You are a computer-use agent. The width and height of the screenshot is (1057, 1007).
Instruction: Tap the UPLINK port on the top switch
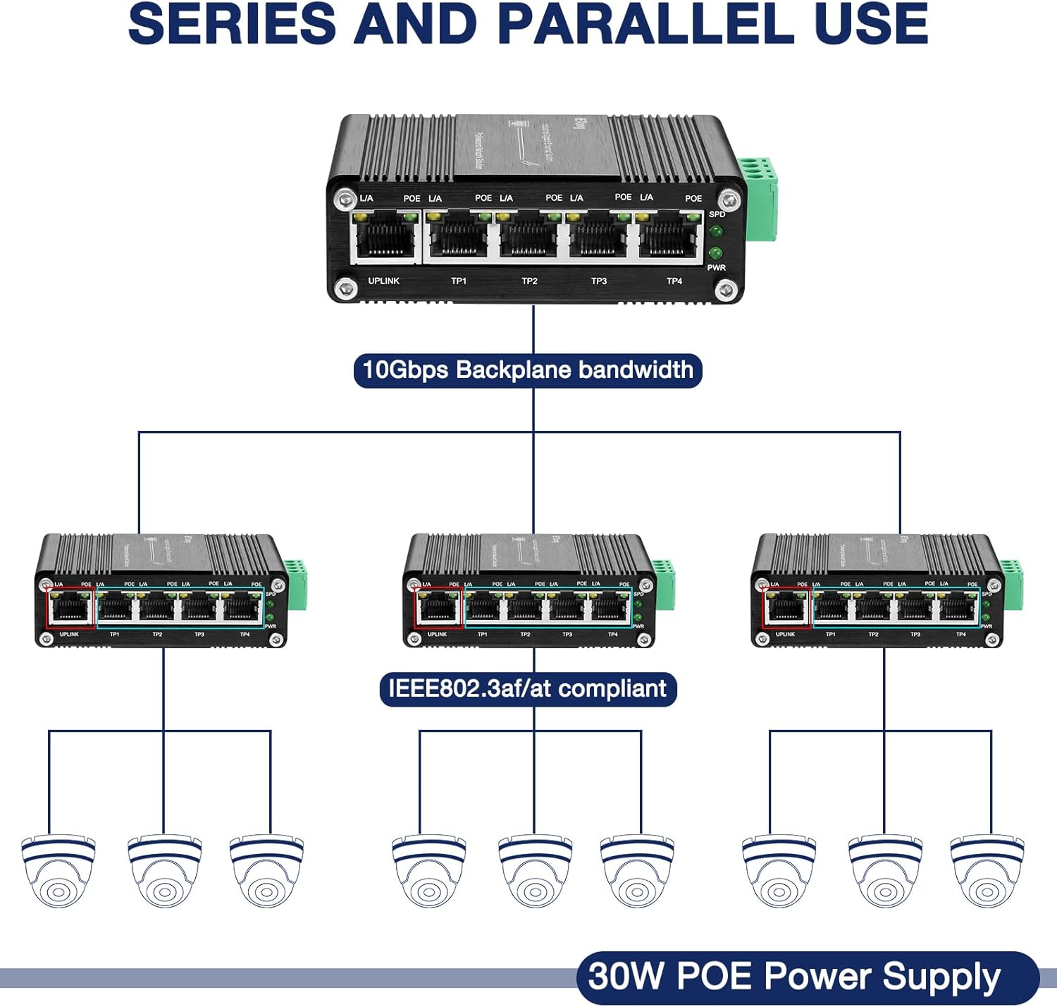click(384, 237)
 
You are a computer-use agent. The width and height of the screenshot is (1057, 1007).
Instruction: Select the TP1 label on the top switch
click(459, 281)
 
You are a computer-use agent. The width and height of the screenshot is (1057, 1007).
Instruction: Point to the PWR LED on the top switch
click(716, 253)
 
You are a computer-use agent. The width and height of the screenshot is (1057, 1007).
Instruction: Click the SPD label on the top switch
click(717, 214)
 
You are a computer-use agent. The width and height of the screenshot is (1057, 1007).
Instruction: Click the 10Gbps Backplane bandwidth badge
click(528, 370)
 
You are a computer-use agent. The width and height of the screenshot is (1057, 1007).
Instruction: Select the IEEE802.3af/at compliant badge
click(528, 688)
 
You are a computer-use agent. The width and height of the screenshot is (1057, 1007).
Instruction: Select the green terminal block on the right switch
click(1010, 583)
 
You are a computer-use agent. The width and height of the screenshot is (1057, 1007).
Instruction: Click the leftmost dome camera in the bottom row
click(58, 872)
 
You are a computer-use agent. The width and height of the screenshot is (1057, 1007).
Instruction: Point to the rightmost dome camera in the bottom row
click(987, 872)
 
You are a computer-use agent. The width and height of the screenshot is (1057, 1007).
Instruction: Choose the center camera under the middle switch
click(535, 872)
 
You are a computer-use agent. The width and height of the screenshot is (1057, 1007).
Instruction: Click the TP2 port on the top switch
click(528, 237)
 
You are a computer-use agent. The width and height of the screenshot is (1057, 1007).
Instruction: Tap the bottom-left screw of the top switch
click(345, 288)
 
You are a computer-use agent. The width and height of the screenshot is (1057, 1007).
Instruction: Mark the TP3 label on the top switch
click(599, 281)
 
